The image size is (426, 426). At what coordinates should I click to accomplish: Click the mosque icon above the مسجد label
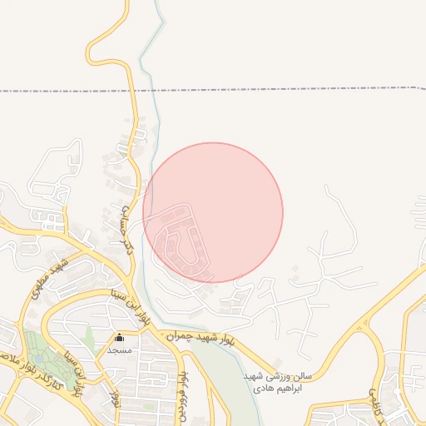[x=120, y=338]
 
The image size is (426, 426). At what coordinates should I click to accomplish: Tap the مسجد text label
[x=120, y=350]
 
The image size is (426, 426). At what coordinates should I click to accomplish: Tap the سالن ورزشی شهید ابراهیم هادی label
[x=270, y=381]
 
